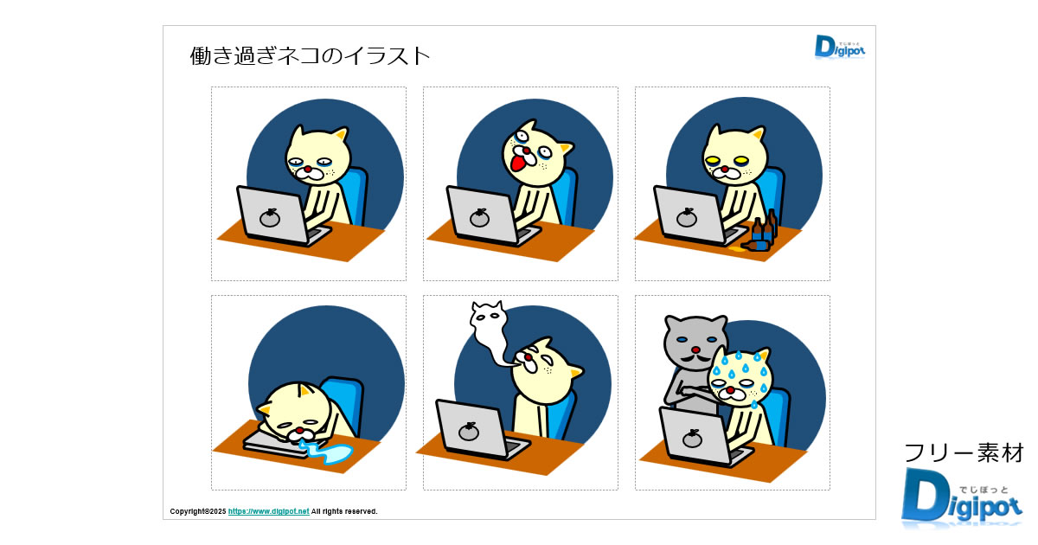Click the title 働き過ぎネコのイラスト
point(310,56)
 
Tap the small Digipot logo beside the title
point(840,47)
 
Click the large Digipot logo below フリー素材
point(961,496)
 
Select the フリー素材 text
point(964,453)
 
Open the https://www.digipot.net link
point(268,511)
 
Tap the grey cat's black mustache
point(695,359)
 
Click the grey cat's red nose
point(695,349)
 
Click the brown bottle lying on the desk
point(755,246)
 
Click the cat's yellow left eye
point(712,160)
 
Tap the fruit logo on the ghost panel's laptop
point(468,432)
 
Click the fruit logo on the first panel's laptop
point(270,218)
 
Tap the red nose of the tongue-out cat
point(527,151)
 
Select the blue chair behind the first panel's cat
point(356,195)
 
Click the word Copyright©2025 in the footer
point(198,511)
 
